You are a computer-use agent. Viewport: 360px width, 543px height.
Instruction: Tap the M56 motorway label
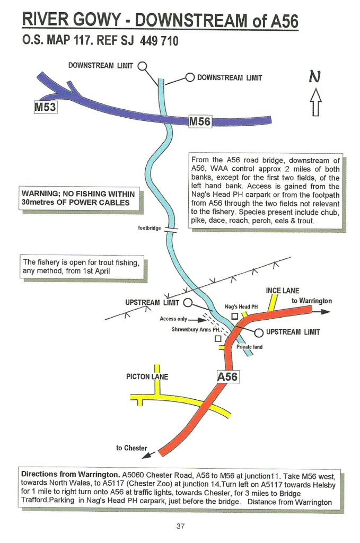pyautogui.click(x=200, y=122)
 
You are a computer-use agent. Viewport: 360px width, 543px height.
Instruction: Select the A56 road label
pyautogui.click(x=227, y=376)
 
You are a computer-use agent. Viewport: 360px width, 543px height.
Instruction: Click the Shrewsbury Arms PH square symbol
pyautogui.click(x=217, y=338)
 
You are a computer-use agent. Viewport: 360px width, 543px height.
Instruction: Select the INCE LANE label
pyautogui.click(x=283, y=291)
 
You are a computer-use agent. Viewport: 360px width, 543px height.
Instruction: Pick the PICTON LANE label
pyautogui.click(x=147, y=377)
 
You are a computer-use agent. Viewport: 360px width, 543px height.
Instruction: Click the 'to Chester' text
pyautogui.click(x=131, y=448)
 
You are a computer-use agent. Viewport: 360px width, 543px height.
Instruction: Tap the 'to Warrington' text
pyautogui.click(x=312, y=301)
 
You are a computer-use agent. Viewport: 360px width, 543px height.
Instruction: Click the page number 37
pyautogui.click(x=180, y=526)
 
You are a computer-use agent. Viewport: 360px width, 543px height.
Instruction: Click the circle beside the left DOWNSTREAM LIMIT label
pyautogui.click(x=142, y=66)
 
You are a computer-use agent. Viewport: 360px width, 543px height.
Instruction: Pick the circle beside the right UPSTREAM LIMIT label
pyautogui.click(x=258, y=332)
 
